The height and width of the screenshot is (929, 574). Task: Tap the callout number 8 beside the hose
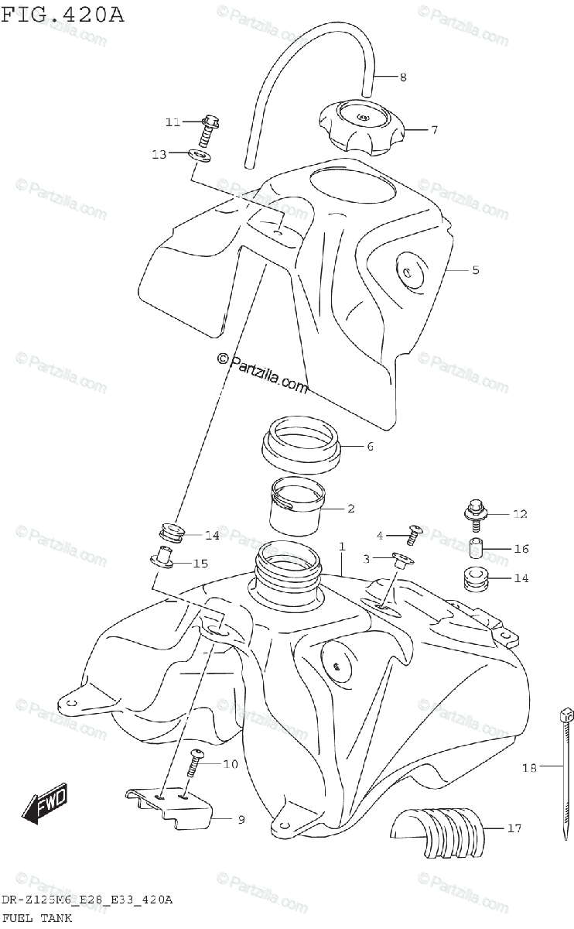403,77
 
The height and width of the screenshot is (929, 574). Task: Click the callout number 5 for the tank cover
475,270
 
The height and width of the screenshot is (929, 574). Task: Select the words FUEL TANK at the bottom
36,918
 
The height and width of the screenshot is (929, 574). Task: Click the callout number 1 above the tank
341,547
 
